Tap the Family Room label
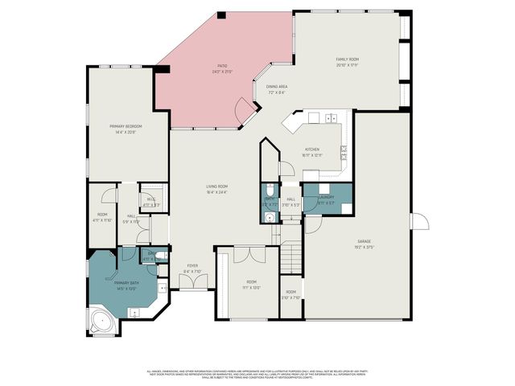pos(347,60)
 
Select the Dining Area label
pos(277,88)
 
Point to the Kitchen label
pos(312,149)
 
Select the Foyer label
pos(193,266)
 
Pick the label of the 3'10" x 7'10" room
pos(290,293)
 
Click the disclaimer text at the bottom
pos(257,374)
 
